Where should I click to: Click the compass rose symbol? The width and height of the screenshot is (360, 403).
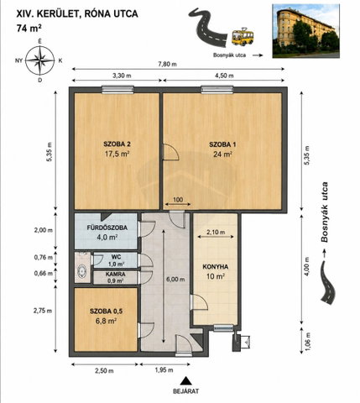click(x=40, y=60)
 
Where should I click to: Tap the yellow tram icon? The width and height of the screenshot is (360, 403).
click(x=243, y=37)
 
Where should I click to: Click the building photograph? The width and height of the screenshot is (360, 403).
click(x=306, y=31)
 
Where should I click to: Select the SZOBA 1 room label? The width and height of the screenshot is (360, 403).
click(x=222, y=144)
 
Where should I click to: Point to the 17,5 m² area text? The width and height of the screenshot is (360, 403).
click(x=117, y=154)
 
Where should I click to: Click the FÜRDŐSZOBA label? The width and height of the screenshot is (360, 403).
click(x=107, y=228)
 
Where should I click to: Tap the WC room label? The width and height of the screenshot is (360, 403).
click(x=117, y=257)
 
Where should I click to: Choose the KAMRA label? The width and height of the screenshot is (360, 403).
click(x=116, y=275)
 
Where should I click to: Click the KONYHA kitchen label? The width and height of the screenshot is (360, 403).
click(x=216, y=267)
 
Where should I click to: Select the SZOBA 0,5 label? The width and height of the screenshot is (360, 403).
click(x=107, y=311)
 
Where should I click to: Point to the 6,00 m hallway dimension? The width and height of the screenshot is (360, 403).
click(x=176, y=279)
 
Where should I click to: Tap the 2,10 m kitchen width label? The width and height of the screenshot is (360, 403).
click(x=216, y=232)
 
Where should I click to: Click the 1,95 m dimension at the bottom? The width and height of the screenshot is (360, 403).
click(x=164, y=370)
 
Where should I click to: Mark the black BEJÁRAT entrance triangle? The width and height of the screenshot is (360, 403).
click(x=185, y=381)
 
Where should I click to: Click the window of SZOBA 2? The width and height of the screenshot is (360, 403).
click(x=117, y=89)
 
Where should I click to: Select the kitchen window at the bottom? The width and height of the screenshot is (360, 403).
click(x=223, y=327)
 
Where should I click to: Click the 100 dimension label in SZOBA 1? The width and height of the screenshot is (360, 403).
click(x=178, y=200)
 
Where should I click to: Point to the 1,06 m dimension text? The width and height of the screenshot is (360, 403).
click(x=307, y=339)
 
